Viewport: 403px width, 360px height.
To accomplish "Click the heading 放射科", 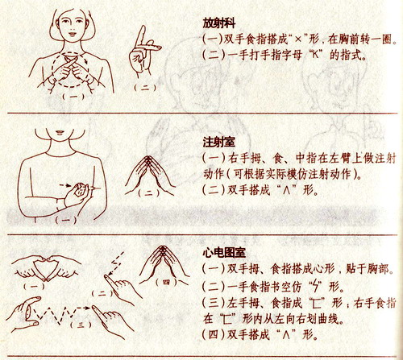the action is [219, 23].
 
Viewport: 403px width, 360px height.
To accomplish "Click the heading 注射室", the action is [219, 142].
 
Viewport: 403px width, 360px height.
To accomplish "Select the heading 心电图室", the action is [224, 253].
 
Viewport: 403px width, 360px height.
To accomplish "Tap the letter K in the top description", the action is [316, 55].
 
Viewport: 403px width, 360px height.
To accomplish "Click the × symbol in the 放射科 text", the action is [298, 39].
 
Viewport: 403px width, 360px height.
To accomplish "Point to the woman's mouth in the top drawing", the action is [72, 34].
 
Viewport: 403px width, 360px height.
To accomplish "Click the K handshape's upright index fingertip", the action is [143, 27].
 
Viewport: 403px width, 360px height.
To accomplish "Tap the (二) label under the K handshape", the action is [145, 88].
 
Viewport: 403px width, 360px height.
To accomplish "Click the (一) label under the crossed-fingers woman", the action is [73, 97].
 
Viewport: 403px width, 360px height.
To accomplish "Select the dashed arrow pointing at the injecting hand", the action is [65, 185].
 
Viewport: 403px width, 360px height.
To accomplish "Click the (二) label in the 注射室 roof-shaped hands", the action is [148, 192].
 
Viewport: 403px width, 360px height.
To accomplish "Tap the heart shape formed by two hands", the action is [46, 267].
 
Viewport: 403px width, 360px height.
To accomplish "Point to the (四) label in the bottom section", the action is [167, 282].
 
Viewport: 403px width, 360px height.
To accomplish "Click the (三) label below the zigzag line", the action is [81, 325].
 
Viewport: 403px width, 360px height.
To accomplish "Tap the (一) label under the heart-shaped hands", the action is [35, 286].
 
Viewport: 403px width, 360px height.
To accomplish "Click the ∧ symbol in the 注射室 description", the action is [286, 191].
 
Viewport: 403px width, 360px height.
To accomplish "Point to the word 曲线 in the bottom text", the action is [330, 319].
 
